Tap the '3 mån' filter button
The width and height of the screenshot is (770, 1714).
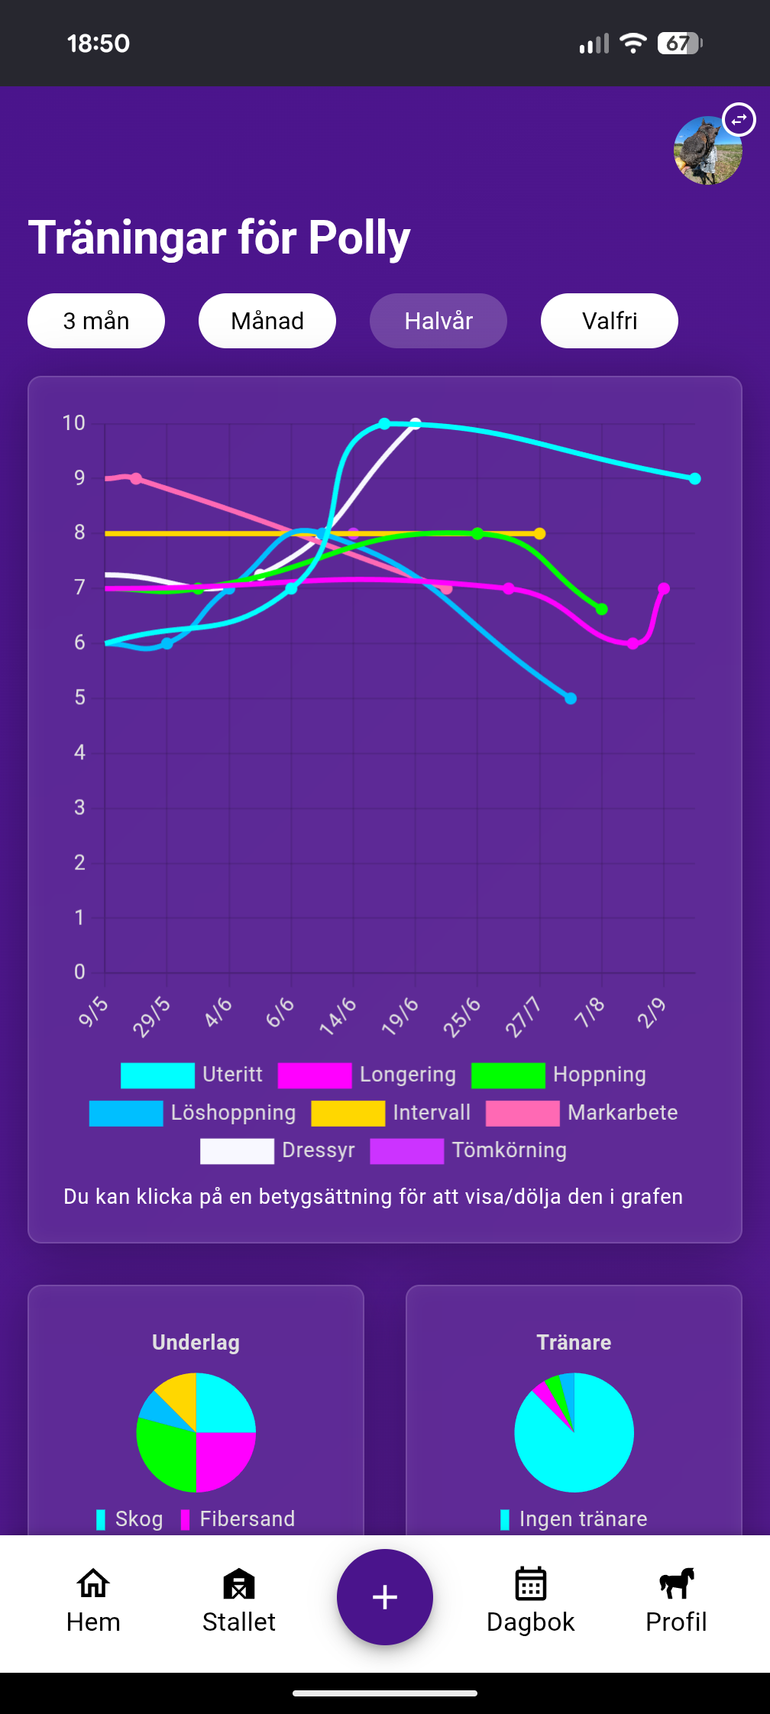[x=96, y=321]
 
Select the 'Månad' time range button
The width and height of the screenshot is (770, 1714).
[x=267, y=321]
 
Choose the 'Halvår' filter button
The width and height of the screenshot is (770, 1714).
[x=438, y=321]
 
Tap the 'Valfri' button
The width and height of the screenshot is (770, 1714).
[x=610, y=321]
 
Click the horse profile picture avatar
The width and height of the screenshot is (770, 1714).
[x=707, y=150]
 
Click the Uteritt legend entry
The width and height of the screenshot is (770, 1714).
[x=192, y=1075]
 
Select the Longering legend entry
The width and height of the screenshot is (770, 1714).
[x=367, y=1075]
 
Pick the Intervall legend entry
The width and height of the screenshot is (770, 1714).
[x=391, y=1113]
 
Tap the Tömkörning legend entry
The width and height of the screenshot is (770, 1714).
[x=468, y=1150]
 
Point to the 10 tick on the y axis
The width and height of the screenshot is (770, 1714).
[x=74, y=423]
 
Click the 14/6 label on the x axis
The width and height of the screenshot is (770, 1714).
[x=338, y=1017]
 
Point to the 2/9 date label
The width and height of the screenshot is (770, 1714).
[x=652, y=1014]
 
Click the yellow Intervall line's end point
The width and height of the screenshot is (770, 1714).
[x=540, y=533]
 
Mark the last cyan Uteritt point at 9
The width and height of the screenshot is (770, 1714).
[x=694, y=479]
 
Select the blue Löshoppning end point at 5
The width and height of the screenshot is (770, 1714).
[x=571, y=698]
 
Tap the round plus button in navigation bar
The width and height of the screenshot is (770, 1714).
[x=385, y=1597]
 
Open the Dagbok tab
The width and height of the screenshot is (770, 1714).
[x=530, y=1599]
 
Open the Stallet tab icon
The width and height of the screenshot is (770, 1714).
[x=238, y=1599]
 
